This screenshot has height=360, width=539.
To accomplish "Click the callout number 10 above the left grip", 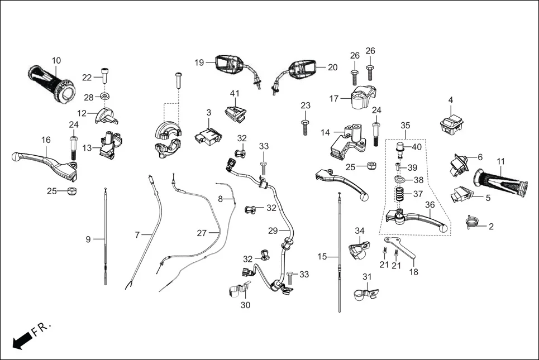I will [x=56, y=60].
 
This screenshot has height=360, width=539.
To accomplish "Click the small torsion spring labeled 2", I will [x=473, y=223].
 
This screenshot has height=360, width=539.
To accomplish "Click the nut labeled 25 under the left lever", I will [x=71, y=191].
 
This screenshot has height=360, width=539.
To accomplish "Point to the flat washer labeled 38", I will [x=400, y=180].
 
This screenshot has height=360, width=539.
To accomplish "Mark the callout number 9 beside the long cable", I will [x=88, y=239].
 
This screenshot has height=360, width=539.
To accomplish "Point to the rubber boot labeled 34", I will [x=357, y=248].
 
